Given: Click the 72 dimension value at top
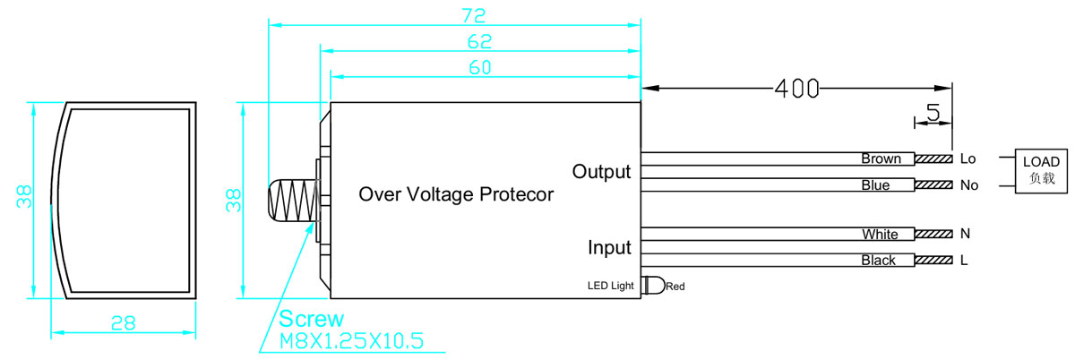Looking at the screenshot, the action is click(474, 16).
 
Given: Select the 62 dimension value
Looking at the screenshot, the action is click(479, 42).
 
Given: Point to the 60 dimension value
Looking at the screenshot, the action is click(480, 67).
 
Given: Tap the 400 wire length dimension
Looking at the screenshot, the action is click(797, 89).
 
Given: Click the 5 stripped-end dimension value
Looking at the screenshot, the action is click(933, 112).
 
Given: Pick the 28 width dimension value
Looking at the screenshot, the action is click(124, 323).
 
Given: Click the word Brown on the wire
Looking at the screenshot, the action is click(881, 159).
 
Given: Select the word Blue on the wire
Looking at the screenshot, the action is click(875, 184).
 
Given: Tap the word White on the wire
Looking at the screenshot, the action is click(880, 234).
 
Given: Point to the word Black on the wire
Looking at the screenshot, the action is click(878, 260).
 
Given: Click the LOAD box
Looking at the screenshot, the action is click(1041, 171).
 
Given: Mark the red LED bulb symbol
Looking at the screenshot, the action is click(654, 285).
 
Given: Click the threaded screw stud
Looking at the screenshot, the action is click(293, 201).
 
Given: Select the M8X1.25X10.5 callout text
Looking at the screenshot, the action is click(352, 341).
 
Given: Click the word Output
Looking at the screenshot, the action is click(601, 172).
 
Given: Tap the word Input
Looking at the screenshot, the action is click(609, 248).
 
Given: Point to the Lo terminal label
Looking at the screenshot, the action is click(968, 159).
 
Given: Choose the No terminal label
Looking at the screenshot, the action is click(969, 185).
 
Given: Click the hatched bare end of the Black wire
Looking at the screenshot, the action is click(933, 260).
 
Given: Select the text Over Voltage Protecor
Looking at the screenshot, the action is click(456, 194).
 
